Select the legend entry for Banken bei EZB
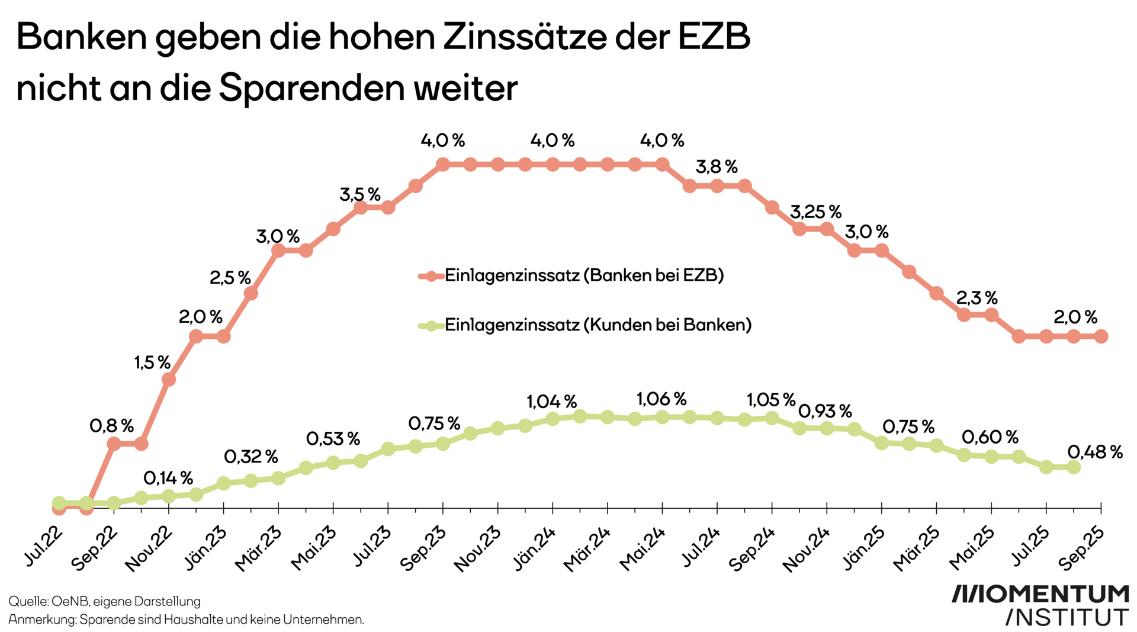[x=583, y=275]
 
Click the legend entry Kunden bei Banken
[x=597, y=325]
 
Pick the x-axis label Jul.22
[x=43, y=546]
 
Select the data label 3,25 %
[x=815, y=211]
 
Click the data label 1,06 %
[x=661, y=399]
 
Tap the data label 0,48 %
[x=1095, y=453]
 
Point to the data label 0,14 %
[x=168, y=478]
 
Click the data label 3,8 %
[x=717, y=167]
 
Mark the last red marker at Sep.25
[x=1101, y=336]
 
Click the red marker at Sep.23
[x=443, y=164]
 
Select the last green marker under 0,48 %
[x=1073, y=467]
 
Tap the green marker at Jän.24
[x=553, y=419]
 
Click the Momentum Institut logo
[x=1040, y=605]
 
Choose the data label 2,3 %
[x=977, y=297]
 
